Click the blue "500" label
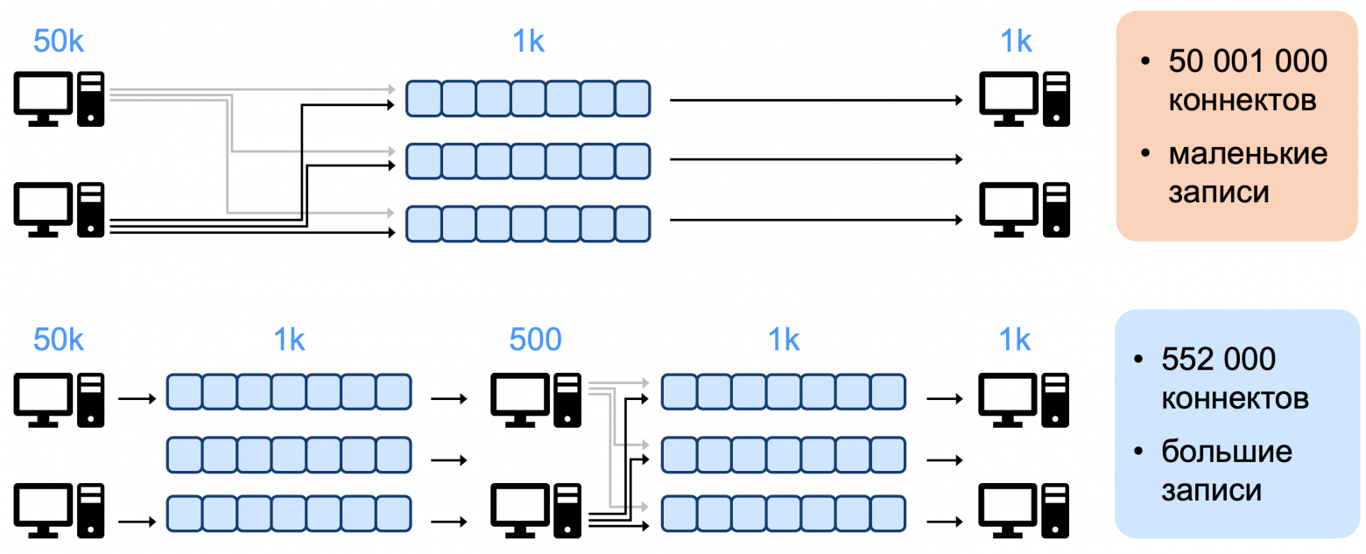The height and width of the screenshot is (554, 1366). pos(535,340)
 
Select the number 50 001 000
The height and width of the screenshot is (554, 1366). pos(1248,61)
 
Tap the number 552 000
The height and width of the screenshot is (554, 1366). pos(1218,359)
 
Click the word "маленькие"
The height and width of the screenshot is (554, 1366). pos(1248,153)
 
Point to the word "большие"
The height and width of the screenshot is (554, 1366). pos(1227,452)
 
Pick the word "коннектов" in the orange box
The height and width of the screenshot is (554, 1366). pos(1243,101)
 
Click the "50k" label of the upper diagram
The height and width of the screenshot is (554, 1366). pos(58,41)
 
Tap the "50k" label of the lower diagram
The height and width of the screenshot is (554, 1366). pos(58,340)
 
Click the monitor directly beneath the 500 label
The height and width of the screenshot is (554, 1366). pos(520,401)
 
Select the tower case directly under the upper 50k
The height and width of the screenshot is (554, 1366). pos(91,100)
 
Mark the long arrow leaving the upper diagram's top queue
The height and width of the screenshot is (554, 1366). pos(816,100)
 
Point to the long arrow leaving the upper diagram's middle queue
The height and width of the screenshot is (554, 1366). pos(816,159)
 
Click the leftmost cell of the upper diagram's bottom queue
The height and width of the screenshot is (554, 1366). pos(424,224)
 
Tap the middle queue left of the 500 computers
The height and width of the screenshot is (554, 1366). pos(289,454)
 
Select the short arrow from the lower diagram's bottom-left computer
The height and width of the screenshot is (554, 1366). pos(137,522)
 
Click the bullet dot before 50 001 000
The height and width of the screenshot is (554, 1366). pos(1145,61)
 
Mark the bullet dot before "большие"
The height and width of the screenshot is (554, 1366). pos(1138,452)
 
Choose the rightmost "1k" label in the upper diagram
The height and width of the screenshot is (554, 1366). pos(1016,41)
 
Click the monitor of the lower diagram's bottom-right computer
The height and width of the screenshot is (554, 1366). pos(1008,511)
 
